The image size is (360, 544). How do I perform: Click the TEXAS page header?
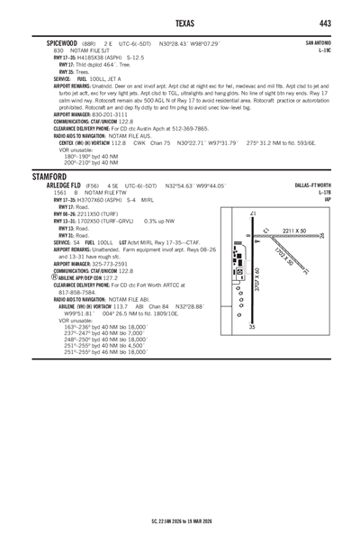click(180, 22)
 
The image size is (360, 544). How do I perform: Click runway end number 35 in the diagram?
click(252, 326)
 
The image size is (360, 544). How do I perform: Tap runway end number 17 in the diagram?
click(252, 213)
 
